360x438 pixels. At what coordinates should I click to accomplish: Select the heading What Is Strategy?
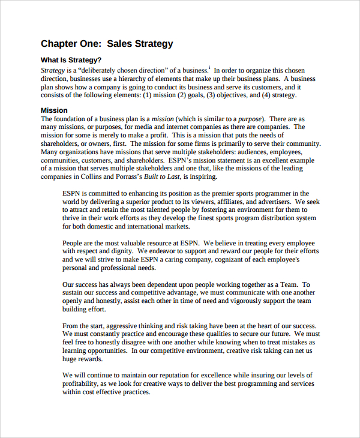tap(71, 60)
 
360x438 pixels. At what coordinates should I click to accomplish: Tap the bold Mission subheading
tap(54, 110)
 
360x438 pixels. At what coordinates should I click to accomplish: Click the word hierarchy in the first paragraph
tap(156, 78)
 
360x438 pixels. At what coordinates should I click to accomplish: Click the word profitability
tap(82, 384)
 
